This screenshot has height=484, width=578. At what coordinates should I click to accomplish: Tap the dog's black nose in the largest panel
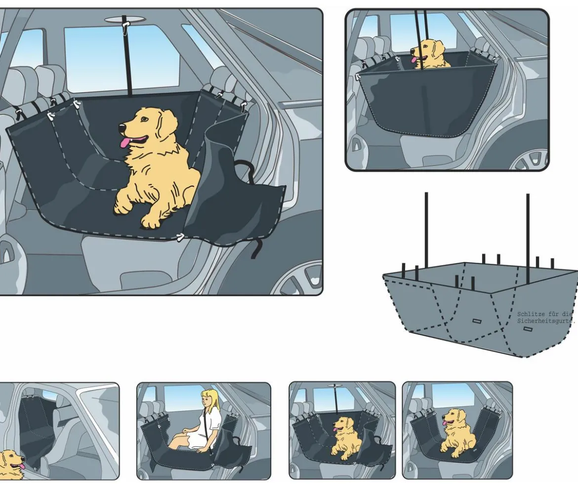[121, 127]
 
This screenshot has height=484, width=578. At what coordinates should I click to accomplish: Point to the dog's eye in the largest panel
[144, 119]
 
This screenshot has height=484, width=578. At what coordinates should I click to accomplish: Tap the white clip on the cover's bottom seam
[180, 237]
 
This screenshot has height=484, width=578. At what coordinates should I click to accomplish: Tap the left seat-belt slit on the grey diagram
[477, 321]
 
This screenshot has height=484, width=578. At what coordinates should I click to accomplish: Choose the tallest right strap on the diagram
[528, 239]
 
